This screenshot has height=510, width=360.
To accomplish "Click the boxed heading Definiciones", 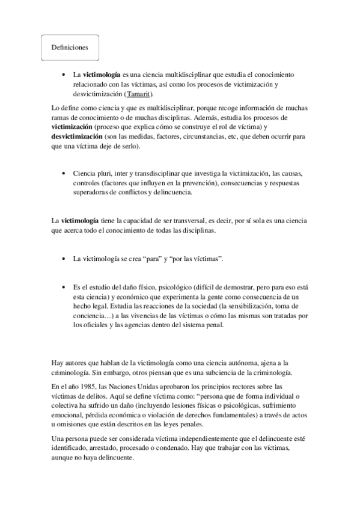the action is click(70, 48).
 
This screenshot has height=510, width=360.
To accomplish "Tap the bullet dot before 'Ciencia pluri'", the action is click(63, 173).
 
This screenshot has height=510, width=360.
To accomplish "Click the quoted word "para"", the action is click(162, 258).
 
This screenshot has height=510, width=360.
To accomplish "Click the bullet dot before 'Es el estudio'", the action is click(63, 287).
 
